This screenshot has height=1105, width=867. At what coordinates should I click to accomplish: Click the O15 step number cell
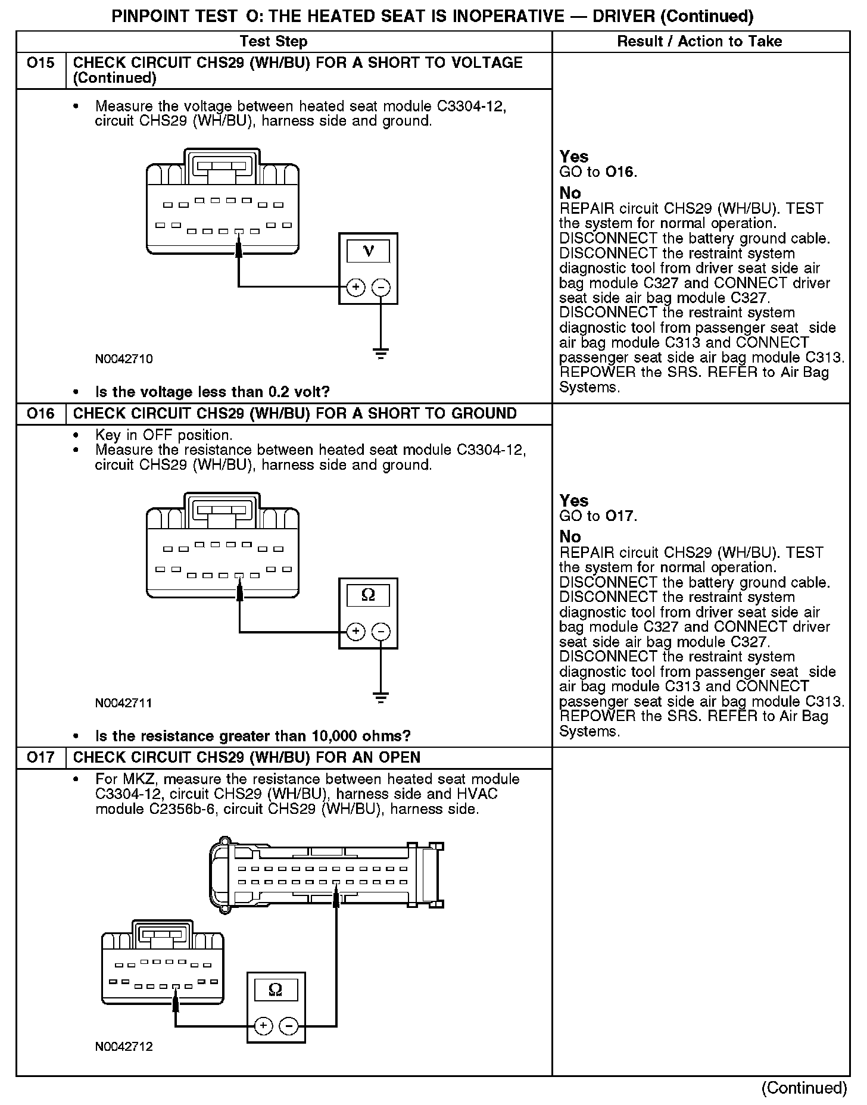click(40, 63)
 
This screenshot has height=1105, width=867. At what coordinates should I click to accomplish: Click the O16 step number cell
click(40, 414)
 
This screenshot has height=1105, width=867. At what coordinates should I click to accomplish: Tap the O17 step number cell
click(40, 757)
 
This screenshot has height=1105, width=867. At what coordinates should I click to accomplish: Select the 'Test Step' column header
click(273, 42)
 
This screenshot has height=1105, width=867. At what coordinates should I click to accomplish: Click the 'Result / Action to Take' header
click(700, 42)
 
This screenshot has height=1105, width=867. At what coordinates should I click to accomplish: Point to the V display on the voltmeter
click(368, 251)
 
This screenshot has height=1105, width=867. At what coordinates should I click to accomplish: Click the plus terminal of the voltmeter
click(355, 288)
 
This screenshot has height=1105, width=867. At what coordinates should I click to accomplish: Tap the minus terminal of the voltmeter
click(381, 288)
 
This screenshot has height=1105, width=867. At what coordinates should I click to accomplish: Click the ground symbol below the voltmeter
click(381, 354)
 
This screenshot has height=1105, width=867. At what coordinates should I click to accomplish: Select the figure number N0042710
click(124, 359)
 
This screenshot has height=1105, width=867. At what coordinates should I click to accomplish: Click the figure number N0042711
click(124, 703)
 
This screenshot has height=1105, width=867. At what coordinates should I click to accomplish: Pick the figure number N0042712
click(124, 1047)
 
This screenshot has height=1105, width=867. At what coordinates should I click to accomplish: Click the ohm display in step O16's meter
click(368, 595)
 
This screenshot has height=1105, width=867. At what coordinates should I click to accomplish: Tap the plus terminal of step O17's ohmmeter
click(263, 1026)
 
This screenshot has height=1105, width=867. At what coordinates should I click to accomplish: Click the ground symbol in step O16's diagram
click(381, 698)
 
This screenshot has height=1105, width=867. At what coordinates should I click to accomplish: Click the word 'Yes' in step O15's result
click(574, 157)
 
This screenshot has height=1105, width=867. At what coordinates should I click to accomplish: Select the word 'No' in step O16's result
click(570, 537)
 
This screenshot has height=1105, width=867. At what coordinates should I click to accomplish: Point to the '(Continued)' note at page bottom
click(803, 1088)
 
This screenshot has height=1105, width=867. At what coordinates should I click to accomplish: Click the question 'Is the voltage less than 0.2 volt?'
click(212, 392)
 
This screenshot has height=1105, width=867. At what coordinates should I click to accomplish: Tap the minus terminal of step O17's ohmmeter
click(289, 1026)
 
